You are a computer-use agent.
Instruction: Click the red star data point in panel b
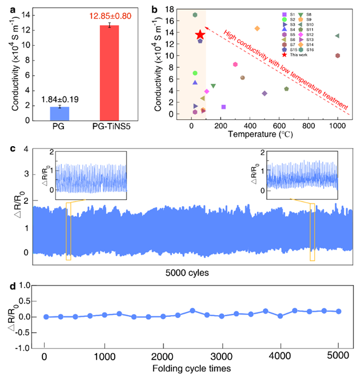[x=200, y=35]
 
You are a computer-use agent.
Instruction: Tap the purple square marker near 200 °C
[x=223, y=107]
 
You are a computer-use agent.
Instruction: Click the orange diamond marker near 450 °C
[x=257, y=29]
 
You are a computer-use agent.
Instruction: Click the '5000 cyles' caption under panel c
[x=185, y=272]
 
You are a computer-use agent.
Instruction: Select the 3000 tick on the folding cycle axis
[x=222, y=357]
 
